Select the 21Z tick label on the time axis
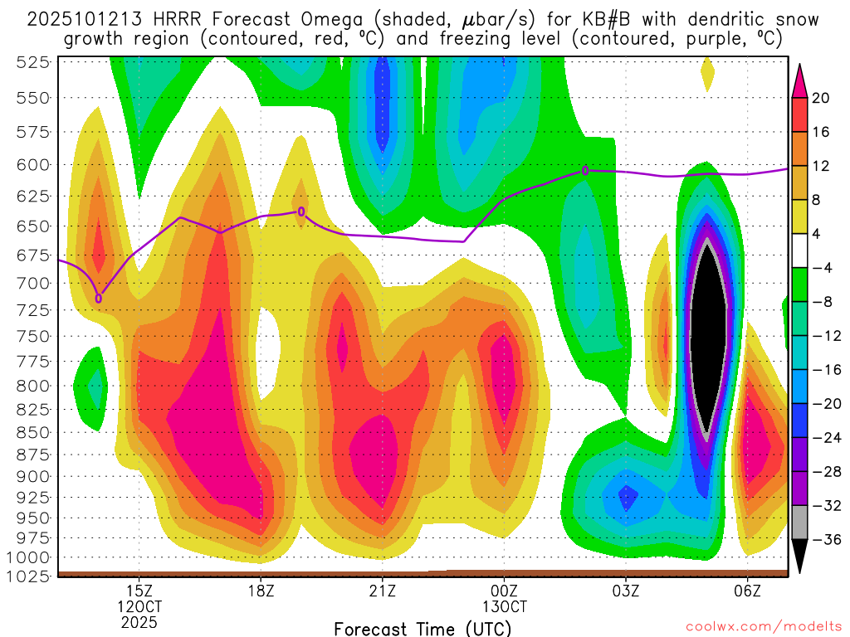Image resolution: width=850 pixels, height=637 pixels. [382, 591]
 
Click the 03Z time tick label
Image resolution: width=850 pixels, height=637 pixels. [625, 591]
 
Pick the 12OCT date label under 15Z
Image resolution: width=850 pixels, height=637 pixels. [139, 606]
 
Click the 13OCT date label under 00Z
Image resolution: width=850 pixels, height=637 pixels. [504, 606]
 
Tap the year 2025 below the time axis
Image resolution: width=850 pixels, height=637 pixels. [139, 622]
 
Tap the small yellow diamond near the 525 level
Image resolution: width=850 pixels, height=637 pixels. [707, 75]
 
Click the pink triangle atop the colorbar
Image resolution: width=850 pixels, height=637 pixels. [800, 80]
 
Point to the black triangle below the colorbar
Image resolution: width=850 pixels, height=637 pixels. [800, 557]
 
